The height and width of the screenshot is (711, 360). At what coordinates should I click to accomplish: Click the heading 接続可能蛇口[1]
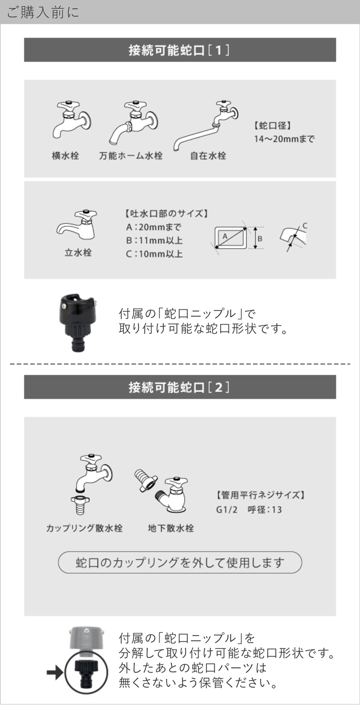tap(179, 50)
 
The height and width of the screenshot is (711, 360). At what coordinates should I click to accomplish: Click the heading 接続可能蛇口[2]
tap(179, 387)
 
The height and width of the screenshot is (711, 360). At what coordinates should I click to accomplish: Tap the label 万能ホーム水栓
tap(131, 155)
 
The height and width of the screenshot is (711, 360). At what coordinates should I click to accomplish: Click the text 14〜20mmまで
tap(284, 139)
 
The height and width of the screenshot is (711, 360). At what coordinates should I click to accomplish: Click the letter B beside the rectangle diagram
tap(260, 239)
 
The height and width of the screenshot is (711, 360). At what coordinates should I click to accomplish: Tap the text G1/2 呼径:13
tap(249, 510)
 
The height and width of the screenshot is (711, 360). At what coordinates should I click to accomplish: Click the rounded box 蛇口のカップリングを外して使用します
tap(179, 562)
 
